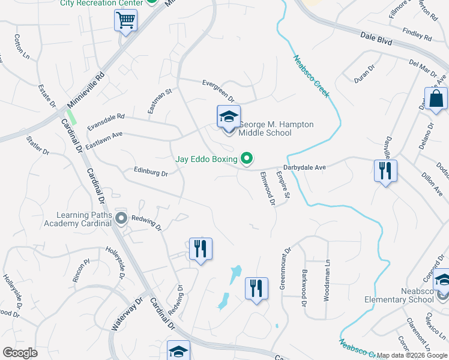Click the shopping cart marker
tap(126, 22)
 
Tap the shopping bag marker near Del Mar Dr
tap(436, 100)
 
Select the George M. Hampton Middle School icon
tap(229, 118)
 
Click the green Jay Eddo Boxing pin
tap(246, 159)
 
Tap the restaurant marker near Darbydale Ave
tap(385, 172)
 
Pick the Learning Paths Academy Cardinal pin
tap(121, 218)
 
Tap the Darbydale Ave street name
tap(304, 167)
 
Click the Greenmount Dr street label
tap(284, 268)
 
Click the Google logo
tap(20, 353)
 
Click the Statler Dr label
tap(37, 146)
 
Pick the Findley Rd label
tap(417, 34)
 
